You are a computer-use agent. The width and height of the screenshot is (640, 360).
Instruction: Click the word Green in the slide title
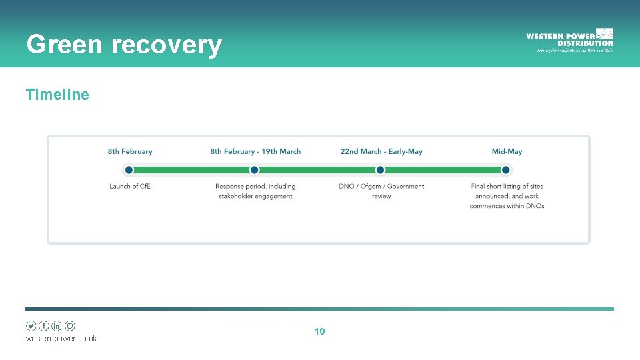pos(64,45)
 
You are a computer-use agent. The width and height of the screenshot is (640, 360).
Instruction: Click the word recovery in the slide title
pos(166,45)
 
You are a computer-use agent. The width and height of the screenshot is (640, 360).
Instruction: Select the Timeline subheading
pos(57,95)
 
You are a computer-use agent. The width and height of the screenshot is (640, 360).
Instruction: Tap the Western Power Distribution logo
pos(569,40)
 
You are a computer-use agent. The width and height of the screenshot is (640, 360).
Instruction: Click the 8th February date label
pos(130,151)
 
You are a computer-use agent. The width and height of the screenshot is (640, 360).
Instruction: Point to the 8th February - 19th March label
pos(255,151)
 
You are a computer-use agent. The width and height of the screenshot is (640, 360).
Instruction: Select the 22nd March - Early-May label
pos(381,151)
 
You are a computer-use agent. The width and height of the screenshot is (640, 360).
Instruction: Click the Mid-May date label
pos(507,151)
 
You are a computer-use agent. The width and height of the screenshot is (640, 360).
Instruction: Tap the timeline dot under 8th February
pos(129,170)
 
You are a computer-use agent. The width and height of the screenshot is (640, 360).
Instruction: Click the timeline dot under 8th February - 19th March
pos(254,170)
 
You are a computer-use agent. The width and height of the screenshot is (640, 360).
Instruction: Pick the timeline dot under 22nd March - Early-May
pos(379,170)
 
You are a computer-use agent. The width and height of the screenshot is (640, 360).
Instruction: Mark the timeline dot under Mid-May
pos(505,170)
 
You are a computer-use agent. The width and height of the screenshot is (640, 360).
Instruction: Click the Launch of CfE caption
pos(130,186)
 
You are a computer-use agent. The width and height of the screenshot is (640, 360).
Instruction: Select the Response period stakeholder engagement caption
pos(255,191)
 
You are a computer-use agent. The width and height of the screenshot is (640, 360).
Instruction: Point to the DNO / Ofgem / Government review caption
pos(381,191)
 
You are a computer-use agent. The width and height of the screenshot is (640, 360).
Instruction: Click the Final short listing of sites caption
pos(507,196)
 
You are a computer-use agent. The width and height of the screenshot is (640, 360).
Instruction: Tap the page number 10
pos(319,331)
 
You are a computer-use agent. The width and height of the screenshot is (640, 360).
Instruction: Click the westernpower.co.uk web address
pos(61,339)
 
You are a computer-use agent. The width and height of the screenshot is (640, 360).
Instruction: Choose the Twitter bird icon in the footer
pos(31,326)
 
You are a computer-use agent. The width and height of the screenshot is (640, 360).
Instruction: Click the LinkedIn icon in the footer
pos(57,326)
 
